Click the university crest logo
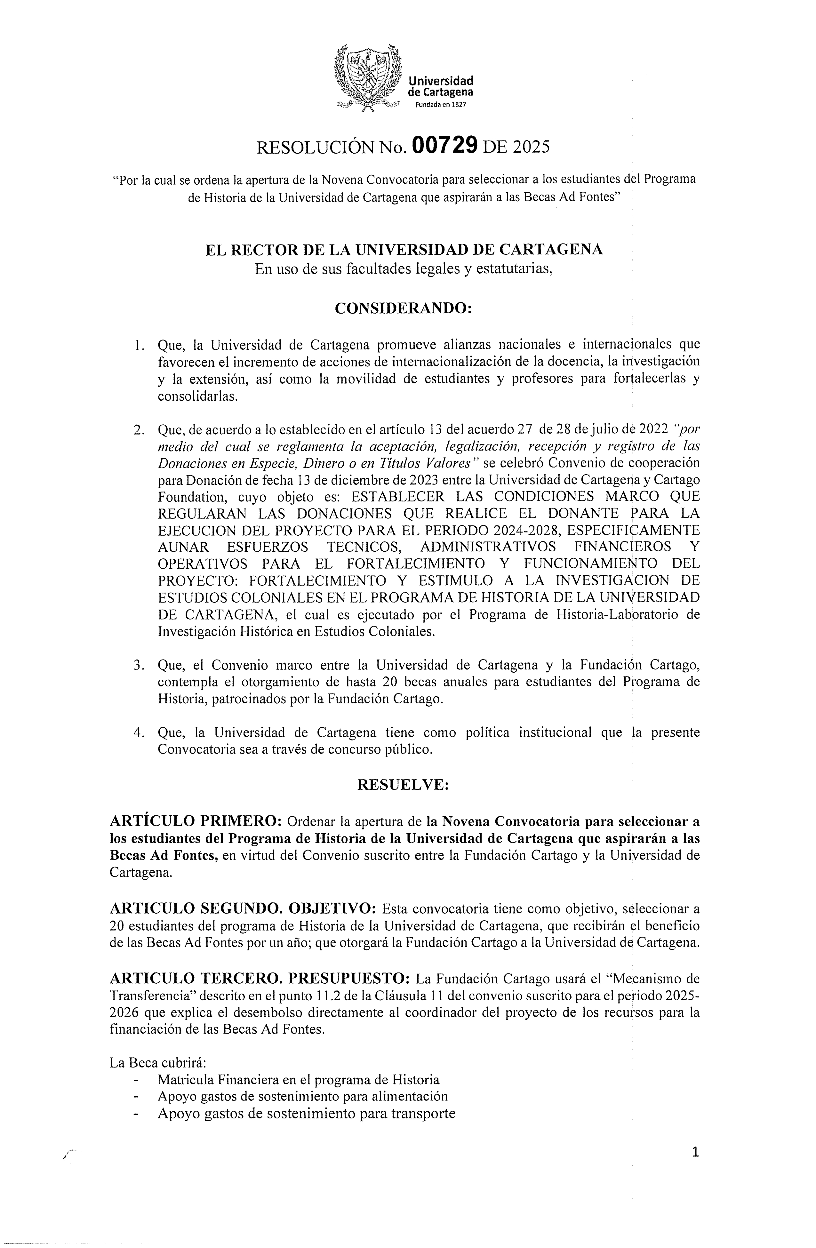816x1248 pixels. (367, 79)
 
